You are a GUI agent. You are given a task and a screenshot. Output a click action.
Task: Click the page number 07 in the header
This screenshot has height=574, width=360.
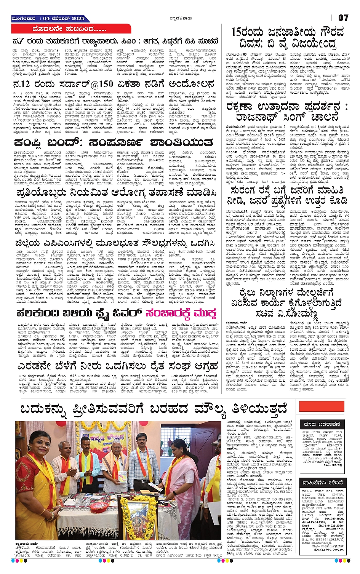coord(343,18)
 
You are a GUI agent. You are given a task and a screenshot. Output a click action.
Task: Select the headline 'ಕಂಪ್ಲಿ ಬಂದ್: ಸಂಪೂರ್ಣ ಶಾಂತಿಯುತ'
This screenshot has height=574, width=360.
coord(113,143)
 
